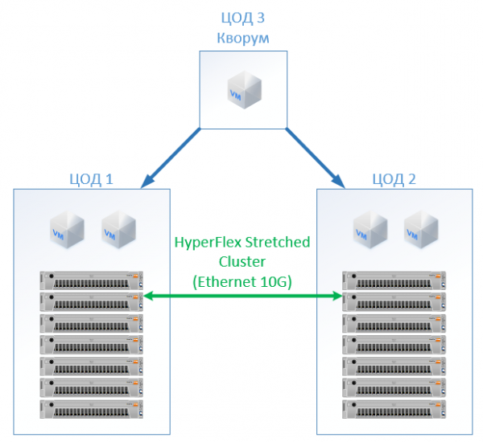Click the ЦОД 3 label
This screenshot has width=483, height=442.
click(242, 18)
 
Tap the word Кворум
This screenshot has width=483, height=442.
click(242, 37)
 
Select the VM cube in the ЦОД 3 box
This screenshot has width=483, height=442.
click(242, 89)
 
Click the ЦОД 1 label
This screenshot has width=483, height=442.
click(91, 178)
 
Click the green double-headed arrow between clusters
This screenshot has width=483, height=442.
click(242, 297)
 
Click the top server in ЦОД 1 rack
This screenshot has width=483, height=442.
click(90, 280)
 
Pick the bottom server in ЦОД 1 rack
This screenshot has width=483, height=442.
click(90, 409)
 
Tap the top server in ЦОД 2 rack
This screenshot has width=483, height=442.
click(394, 280)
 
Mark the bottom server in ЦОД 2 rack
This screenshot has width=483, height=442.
click(394, 409)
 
